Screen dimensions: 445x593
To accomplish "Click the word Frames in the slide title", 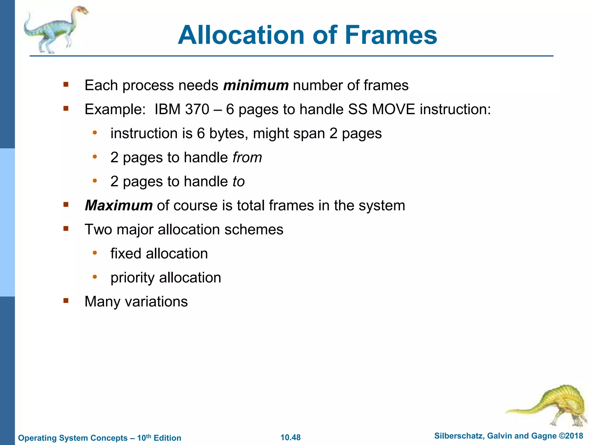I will pos(391,35).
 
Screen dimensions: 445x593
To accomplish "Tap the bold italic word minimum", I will pos(256,85).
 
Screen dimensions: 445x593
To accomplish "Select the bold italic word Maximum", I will pos(119,206).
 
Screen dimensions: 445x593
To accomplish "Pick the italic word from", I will pos(247,158).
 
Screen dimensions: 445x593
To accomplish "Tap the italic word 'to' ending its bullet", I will pos(239,182).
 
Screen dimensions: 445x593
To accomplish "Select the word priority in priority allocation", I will pos(132,278).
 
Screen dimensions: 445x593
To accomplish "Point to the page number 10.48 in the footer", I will pos(290,437).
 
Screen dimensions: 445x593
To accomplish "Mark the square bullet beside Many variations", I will pos(66,301).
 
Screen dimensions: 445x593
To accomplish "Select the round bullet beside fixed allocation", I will pos(95,253).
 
